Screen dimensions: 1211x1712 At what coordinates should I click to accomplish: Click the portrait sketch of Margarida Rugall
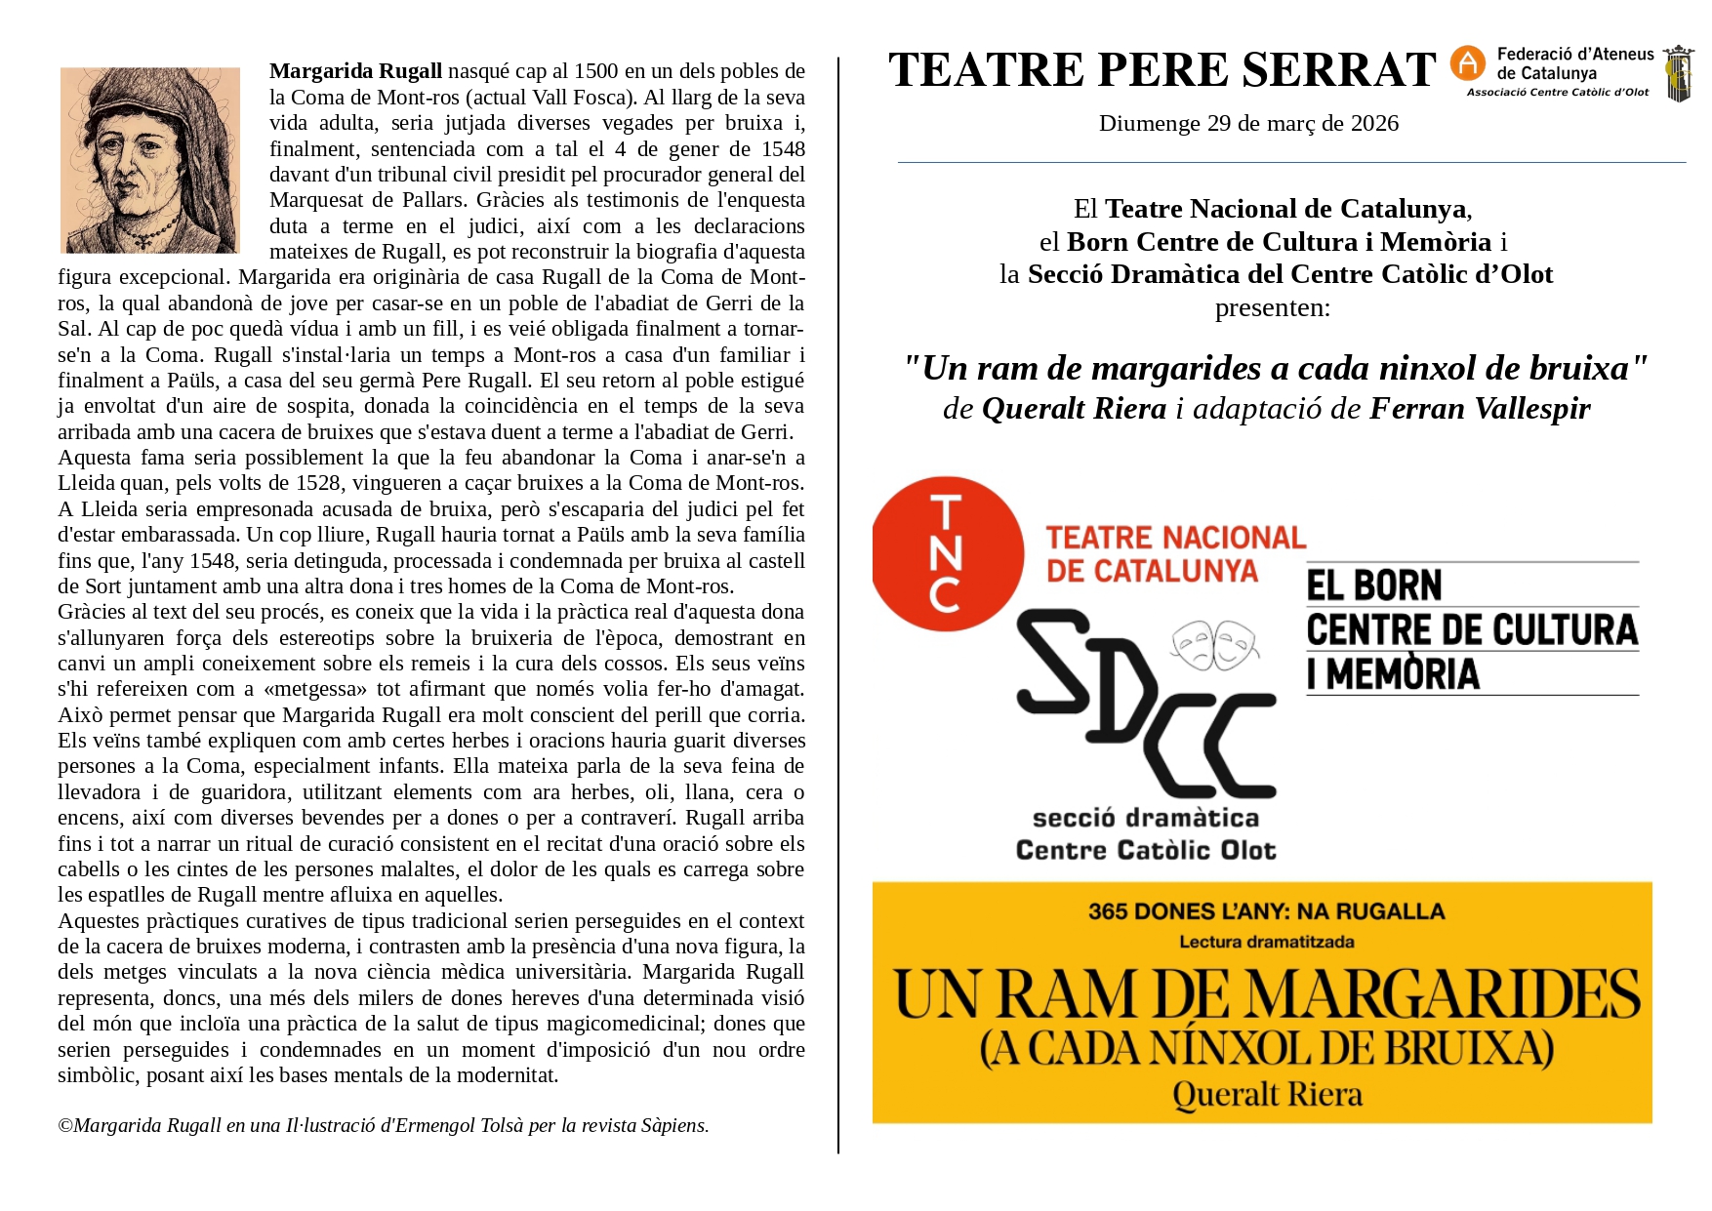click(150, 160)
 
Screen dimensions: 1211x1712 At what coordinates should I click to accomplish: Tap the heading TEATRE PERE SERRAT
click(1162, 70)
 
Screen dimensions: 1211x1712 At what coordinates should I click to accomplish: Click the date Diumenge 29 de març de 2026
click(1248, 123)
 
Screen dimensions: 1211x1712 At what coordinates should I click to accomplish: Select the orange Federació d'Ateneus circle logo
click(1467, 63)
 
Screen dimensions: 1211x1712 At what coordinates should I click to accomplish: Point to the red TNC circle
click(947, 553)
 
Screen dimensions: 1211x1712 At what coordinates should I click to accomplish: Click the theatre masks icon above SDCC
click(1214, 645)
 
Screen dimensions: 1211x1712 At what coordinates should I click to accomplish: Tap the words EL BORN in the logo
click(1374, 585)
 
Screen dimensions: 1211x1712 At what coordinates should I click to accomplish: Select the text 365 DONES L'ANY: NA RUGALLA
click(1266, 911)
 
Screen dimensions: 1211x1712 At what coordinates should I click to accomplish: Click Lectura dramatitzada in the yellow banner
click(1266, 942)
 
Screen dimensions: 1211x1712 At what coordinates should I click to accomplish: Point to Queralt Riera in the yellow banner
click(1267, 1094)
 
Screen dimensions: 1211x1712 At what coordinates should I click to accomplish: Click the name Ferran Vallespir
click(1480, 408)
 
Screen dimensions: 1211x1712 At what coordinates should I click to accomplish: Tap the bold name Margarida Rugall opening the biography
click(355, 71)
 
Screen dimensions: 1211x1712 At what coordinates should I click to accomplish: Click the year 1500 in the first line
click(595, 71)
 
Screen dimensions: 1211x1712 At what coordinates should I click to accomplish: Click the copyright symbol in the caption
click(65, 1126)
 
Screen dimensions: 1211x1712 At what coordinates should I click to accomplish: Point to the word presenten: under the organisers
click(1272, 307)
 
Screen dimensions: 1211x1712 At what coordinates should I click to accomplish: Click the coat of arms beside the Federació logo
click(1678, 73)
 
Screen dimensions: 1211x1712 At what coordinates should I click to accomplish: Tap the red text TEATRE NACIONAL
click(1175, 538)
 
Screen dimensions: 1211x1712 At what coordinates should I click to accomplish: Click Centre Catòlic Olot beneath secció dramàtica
click(1146, 850)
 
